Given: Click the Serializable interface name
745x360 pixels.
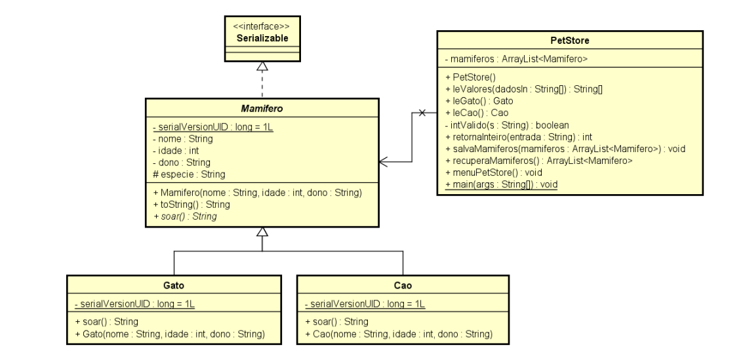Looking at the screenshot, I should tap(262, 39).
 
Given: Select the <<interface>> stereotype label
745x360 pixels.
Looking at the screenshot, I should tap(262, 28).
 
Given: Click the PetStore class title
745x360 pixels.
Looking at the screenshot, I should tap(569, 41).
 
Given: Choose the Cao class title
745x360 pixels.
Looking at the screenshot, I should tap(403, 286).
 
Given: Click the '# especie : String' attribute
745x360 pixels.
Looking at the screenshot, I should tap(189, 174).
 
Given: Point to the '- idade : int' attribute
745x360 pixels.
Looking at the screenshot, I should tap(176, 150).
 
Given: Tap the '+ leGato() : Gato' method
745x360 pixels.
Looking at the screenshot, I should tap(479, 101).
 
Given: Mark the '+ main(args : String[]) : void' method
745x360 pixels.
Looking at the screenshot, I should tap(501, 184).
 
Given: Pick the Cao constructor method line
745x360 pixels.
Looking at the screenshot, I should tap(399, 334).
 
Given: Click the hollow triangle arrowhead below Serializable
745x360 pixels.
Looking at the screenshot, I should tap(262, 66).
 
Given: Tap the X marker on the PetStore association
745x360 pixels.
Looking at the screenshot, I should tap(422, 113).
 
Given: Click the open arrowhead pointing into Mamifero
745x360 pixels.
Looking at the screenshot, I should tap(384, 160).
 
